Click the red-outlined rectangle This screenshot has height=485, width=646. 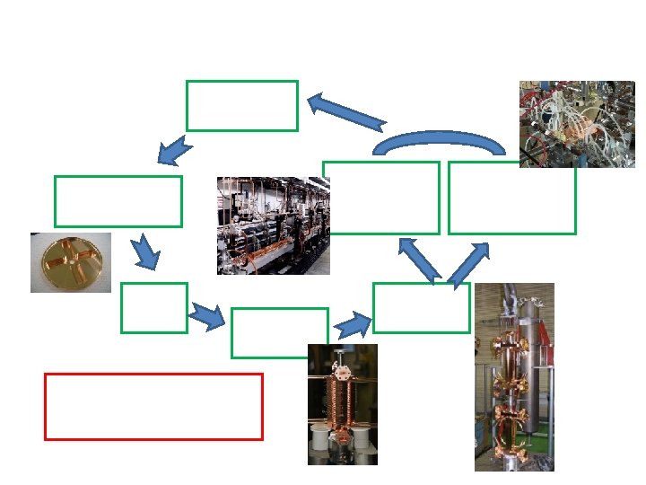(x=153, y=407)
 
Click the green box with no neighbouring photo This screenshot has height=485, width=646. (x=241, y=105)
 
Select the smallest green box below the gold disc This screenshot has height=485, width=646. (x=153, y=308)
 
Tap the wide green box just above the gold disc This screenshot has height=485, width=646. (x=118, y=201)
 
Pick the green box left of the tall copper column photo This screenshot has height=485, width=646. (x=421, y=308)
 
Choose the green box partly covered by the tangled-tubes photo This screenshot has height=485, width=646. (x=511, y=198)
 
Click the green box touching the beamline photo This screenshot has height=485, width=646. (x=381, y=198)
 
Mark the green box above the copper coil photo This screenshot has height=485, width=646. (x=279, y=332)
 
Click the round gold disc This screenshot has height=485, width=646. (x=71, y=262)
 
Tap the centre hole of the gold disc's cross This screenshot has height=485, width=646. (x=71, y=262)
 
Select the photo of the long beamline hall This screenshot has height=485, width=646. (x=274, y=225)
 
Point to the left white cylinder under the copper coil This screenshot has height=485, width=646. (x=318, y=439)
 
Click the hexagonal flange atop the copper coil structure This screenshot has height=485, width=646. (x=341, y=368)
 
